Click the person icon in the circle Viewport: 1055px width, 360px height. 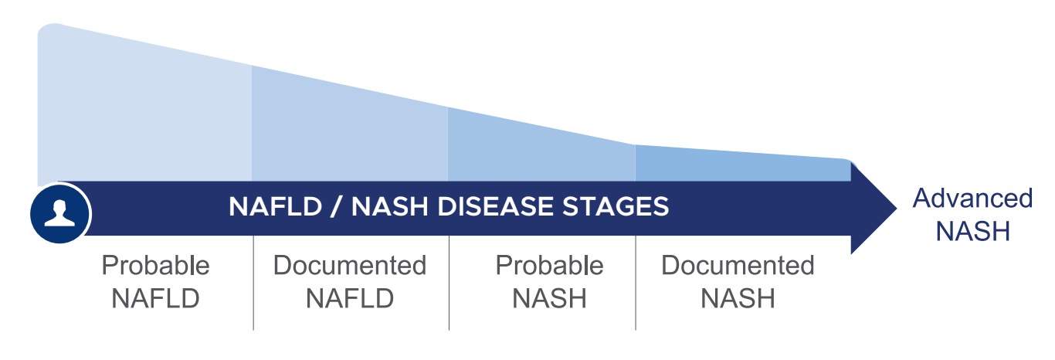click(59, 213)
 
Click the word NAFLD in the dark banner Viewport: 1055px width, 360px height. click(275, 206)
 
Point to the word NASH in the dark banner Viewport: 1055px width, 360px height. click(389, 206)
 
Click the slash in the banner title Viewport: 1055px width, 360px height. click(336, 206)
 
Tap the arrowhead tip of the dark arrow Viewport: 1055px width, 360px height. click(896, 209)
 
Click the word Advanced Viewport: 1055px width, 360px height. click(972, 199)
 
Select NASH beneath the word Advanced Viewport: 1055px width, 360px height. click(972, 231)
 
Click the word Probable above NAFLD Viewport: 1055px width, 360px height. click(155, 265)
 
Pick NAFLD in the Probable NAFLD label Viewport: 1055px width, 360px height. click(155, 298)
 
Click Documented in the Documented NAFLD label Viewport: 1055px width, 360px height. click(349, 265)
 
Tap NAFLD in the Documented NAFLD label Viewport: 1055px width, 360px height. click(349, 298)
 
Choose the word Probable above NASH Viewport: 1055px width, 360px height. click(549, 265)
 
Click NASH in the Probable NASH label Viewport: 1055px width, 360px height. click(549, 298)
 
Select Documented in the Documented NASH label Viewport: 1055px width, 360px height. click(738, 265)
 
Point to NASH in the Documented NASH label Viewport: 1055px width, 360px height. click(738, 298)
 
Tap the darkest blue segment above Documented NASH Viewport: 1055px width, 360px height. click(743, 165)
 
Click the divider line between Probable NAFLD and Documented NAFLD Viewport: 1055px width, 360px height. click(253, 283)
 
